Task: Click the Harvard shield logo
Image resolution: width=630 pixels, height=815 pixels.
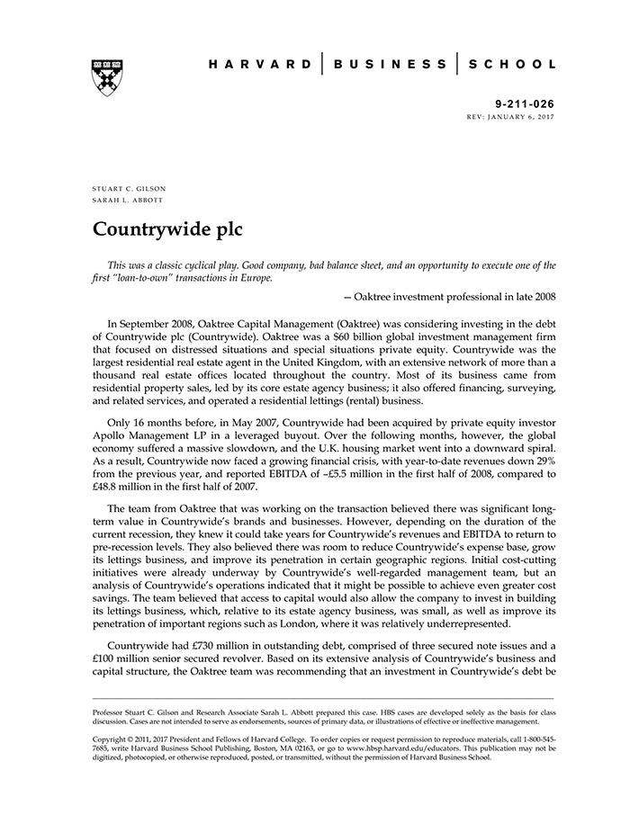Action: (107, 77)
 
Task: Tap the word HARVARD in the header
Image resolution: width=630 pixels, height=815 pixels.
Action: (260, 64)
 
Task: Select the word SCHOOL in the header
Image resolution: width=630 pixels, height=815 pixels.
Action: (513, 64)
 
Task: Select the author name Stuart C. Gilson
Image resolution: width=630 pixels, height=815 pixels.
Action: (129, 188)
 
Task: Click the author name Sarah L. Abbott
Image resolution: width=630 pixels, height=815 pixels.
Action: (128, 200)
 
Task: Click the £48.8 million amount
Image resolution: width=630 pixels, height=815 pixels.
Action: (131, 485)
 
